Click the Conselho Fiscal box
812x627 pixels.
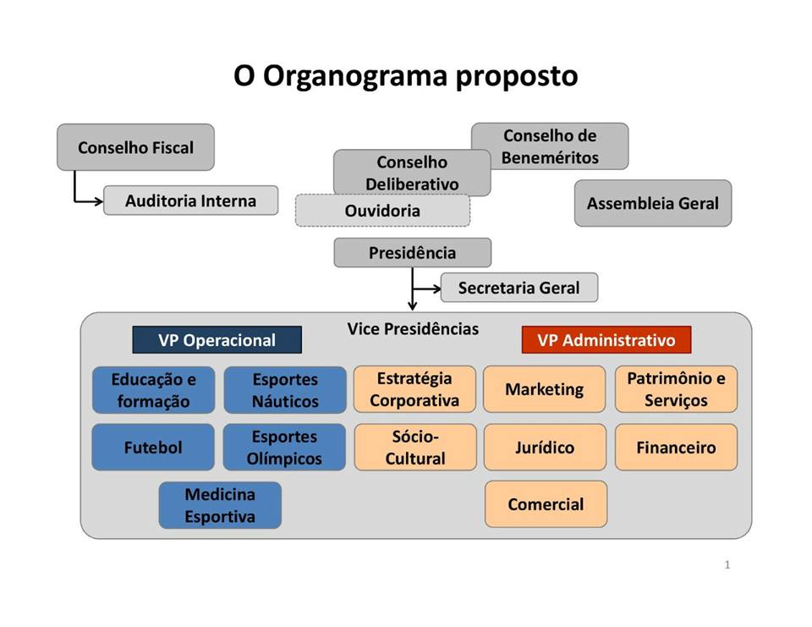point(135,147)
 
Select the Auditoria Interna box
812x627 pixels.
point(190,201)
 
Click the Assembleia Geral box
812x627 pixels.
point(652,203)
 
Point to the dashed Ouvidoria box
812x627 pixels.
point(382,212)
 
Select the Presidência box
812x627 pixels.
point(412,253)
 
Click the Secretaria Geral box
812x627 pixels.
point(518,288)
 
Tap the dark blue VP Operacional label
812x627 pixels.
point(217,340)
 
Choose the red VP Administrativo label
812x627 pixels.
point(606,340)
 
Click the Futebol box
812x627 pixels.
point(153,448)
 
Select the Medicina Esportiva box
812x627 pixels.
point(220,505)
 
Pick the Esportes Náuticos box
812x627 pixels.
point(285,390)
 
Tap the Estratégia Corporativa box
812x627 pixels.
point(414,389)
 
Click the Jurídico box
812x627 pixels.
point(545,448)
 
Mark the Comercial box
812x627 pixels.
point(546,504)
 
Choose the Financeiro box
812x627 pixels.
point(676,448)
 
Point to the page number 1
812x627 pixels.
point(727,564)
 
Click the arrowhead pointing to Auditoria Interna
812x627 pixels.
point(99,201)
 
